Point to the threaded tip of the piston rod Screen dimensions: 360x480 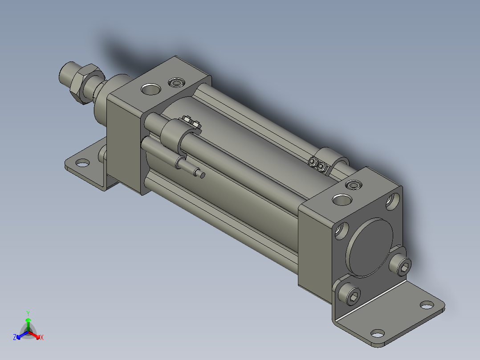[67, 74]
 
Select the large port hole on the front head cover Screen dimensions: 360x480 [150, 89]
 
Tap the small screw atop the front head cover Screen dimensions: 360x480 [176, 83]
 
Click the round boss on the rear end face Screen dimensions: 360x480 [370, 247]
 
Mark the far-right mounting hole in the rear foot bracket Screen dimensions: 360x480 [427, 305]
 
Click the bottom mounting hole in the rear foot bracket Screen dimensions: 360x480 [378, 333]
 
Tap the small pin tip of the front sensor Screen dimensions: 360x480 [202, 175]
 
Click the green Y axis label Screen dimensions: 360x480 [28, 313]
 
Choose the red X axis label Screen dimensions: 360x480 [41, 338]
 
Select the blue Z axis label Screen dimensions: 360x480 [15, 338]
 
